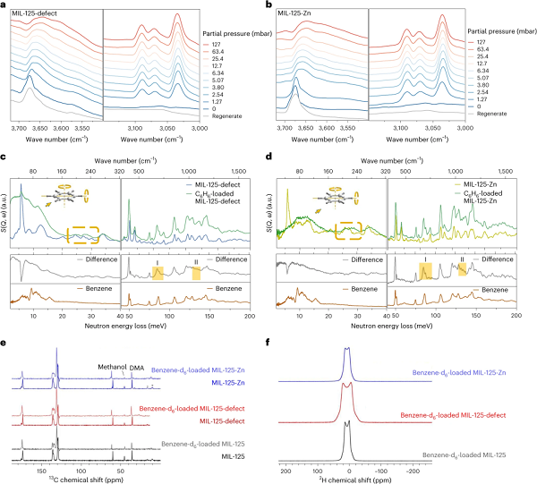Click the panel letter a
pyautogui.click(x=4, y=4)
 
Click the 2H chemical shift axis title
pyautogui.click(x=349, y=475)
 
